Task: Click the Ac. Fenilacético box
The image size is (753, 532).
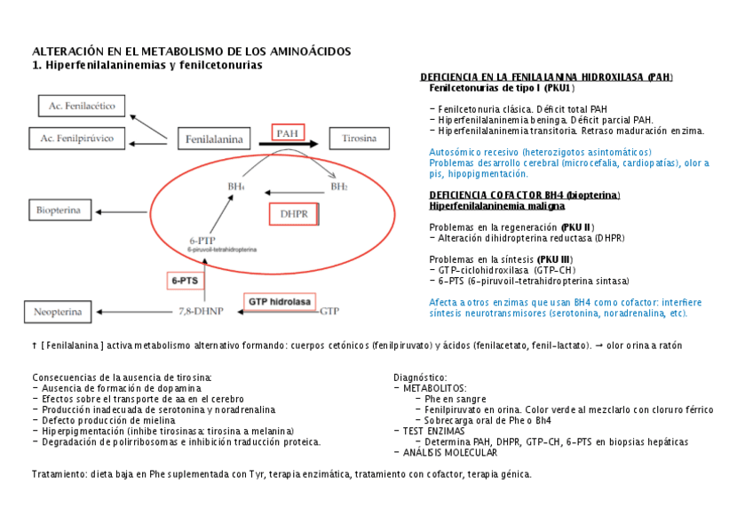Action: pyautogui.click(x=82, y=106)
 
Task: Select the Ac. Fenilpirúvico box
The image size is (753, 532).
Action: pyautogui.click(x=77, y=139)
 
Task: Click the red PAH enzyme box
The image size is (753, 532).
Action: pyautogui.click(x=288, y=133)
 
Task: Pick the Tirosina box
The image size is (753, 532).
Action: pyautogui.click(x=360, y=139)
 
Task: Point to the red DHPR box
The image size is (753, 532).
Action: pyautogui.click(x=294, y=214)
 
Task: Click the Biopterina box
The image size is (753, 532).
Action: pyautogui.click(x=60, y=210)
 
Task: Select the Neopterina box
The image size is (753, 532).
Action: pyautogui.click(x=59, y=312)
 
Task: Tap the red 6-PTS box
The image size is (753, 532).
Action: pyautogui.click(x=185, y=280)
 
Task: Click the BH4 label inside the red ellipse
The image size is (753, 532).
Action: pyautogui.click(x=236, y=187)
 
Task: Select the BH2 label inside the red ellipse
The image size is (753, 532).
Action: pyautogui.click(x=338, y=187)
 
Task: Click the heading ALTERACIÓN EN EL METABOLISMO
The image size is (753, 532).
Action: pyautogui.click(x=191, y=52)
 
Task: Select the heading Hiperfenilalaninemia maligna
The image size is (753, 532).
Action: pyautogui.click(x=496, y=205)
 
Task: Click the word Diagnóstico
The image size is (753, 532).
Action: pyautogui.click(x=420, y=377)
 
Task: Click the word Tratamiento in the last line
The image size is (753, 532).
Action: pyautogui.click(x=59, y=474)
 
